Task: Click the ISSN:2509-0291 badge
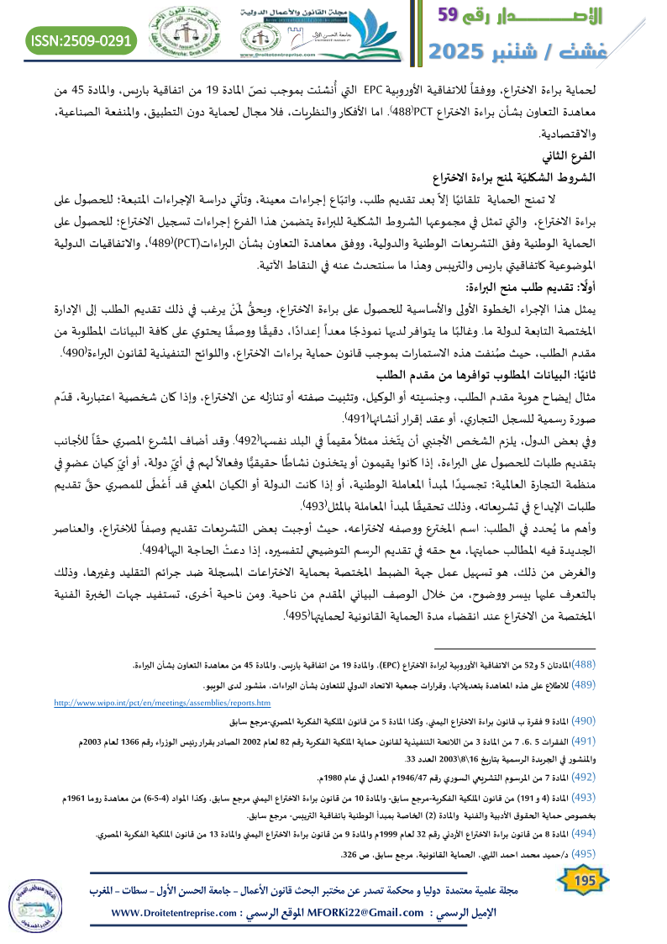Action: pyautogui.click(x=82, y=40)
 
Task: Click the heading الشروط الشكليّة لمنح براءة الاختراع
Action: pyautogui.click(x=561, y=177)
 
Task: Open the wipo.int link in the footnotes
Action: pyautogui.click(x=162, y=702)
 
